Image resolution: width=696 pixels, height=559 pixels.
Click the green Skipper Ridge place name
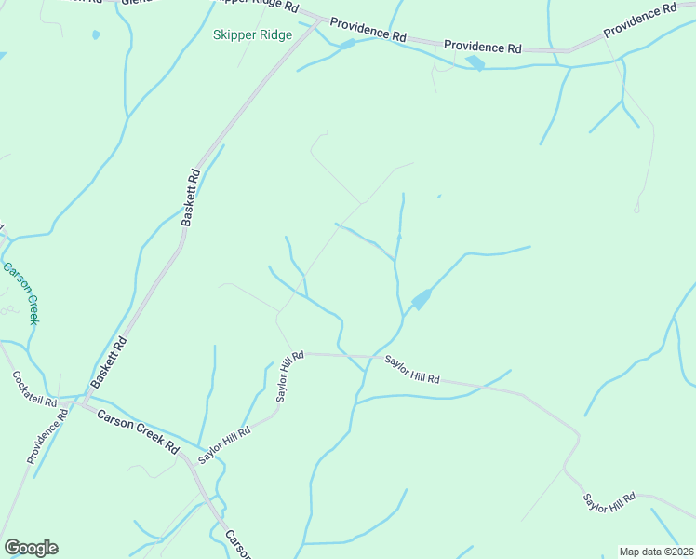coord(252,35)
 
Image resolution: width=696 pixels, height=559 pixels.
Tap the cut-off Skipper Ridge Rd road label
coord(257,6)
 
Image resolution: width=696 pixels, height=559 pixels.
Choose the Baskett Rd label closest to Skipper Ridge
coord(191,197)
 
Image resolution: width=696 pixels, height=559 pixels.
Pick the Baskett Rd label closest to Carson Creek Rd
coord(109,363)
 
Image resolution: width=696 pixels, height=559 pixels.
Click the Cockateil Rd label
coord(33,394)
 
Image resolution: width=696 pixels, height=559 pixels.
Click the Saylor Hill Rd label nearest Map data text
coord(609,503)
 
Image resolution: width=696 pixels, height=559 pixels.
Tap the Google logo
coord(31,548)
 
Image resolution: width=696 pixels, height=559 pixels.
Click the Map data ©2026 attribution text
coord(656,552)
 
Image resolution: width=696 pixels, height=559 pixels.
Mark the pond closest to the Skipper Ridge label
coord(346,44)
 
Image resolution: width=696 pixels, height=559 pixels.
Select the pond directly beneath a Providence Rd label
coord(475,62)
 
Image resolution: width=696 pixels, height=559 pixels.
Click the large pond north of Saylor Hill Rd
coord(421,299)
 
